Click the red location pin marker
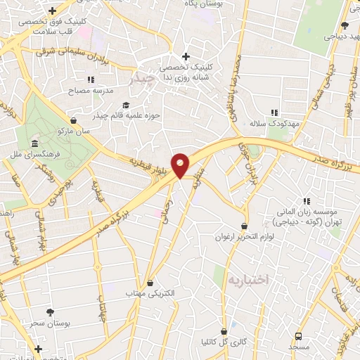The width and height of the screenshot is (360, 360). (181, 165)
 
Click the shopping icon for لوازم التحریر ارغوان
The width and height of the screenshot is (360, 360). (244, 226)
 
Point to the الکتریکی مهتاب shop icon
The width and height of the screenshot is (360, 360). (149, 283)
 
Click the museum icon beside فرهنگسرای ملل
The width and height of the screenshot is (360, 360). (34, 144)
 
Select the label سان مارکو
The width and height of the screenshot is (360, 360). (75, 130)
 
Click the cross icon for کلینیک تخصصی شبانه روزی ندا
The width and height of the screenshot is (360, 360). (185, 57)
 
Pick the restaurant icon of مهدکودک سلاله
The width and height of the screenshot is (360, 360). (274, 112)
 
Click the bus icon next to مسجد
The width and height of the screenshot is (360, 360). (298, 337)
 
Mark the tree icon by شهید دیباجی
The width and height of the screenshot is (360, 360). (344, 25)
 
